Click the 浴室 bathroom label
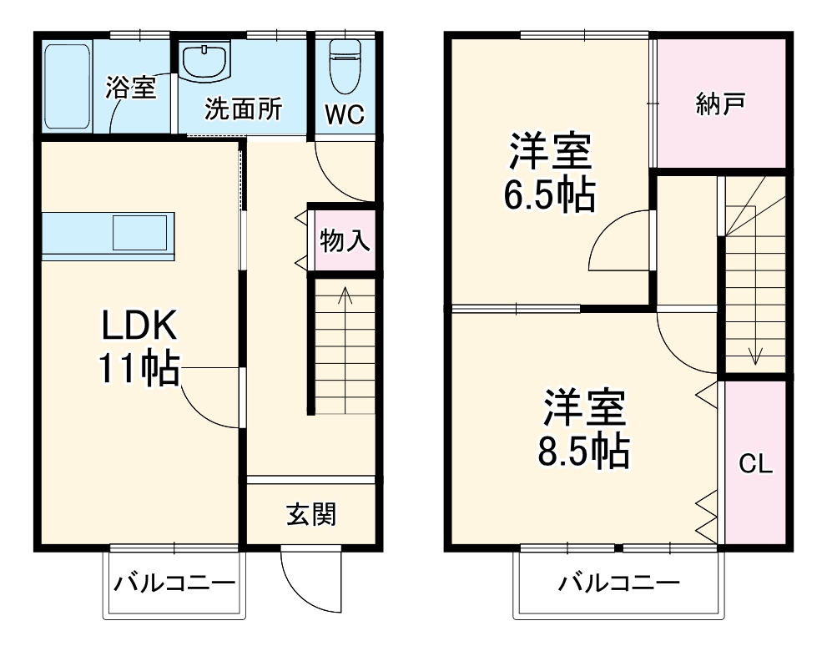point(131,88)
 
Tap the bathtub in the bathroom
point(66,86)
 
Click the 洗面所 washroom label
point(244,109)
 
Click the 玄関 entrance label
point(311,514)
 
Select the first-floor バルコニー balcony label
point(174,582)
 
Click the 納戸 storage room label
point(720,103)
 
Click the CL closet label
point(755,464)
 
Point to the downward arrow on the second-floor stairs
point(755,351)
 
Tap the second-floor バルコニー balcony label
point(618,582)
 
